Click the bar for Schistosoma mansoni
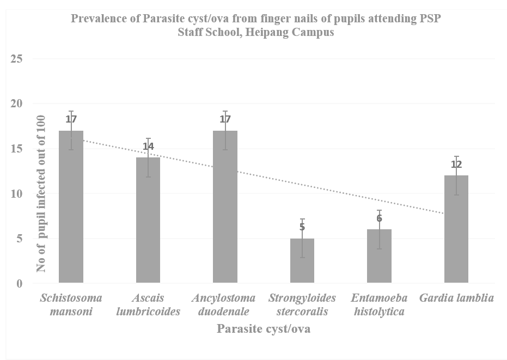(71, 207)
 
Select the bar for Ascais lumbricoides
(148, 221)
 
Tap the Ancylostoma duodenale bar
(225, 207)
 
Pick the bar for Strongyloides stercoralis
(302, 261)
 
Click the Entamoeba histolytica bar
(379, 257)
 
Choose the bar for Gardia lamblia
(456, 229)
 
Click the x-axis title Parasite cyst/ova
(264, 329)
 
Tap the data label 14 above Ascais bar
(148, 147)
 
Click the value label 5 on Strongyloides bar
(302, 227)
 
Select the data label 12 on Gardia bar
(456, 164)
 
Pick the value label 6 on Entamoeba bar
(379, 218)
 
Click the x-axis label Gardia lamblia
(456, 298)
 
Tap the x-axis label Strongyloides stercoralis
(302, 305)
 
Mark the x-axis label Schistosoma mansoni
(71, 305)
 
